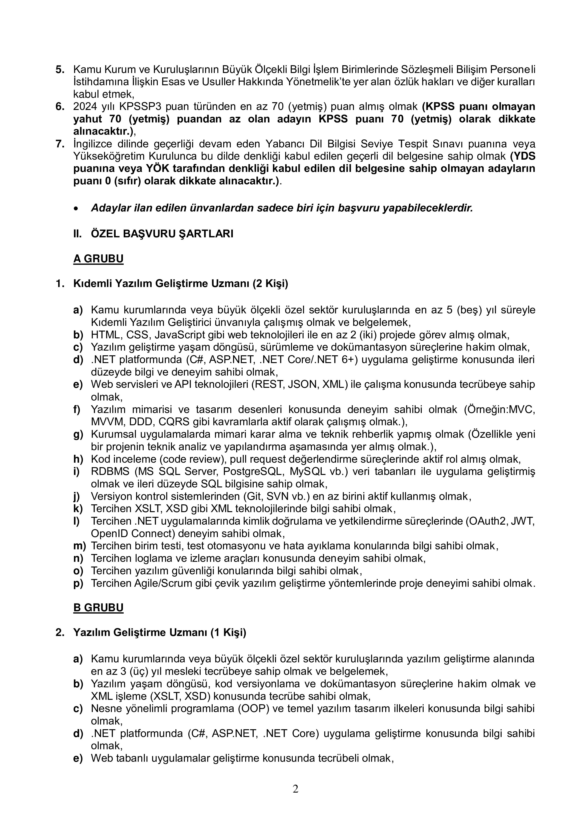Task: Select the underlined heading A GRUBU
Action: click(98, 259)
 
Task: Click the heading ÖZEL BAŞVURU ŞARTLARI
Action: click(162, 234)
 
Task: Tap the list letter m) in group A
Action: click(80, 546)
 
